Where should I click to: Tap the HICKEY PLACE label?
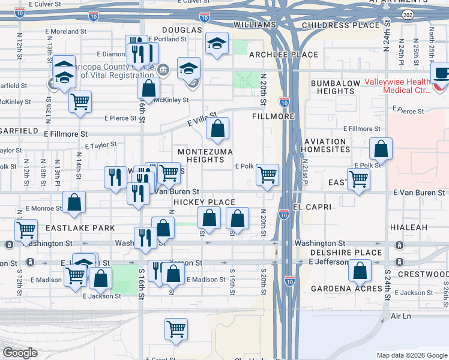click(x=203, y=202)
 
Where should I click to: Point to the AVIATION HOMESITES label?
click(x=325, y=146)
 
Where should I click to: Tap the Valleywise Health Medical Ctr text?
click(x=397, y=86)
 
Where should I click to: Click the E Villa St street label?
click(x=201, y=119)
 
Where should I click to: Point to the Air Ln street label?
click(x=399, y=315)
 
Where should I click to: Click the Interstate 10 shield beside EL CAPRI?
click(x=284, y=213)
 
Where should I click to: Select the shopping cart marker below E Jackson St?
click(x=176, y=328)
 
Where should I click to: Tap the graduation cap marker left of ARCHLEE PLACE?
click(x=217, y=43)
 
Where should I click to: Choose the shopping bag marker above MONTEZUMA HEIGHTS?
click(x=217, y=128)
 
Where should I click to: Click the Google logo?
click(x=20, y=353)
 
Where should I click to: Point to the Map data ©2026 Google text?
click(x=411, y=355)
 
